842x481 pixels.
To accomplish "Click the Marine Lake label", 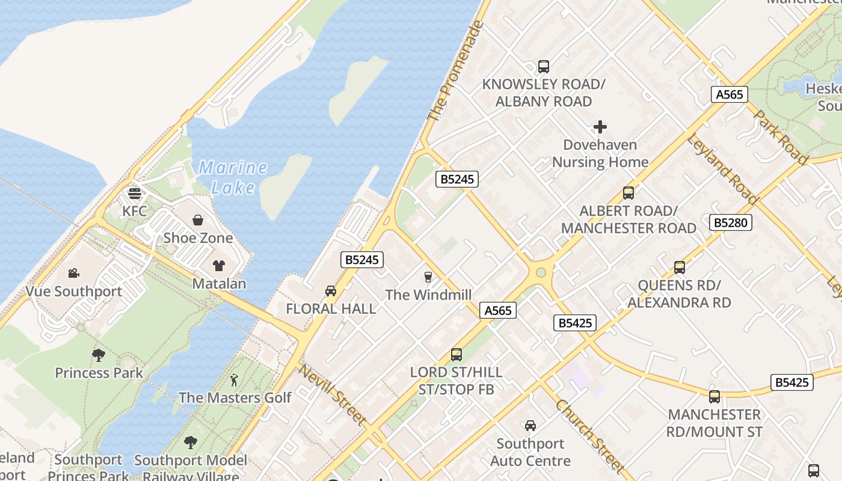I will pyautogui.click(x=233, y=177).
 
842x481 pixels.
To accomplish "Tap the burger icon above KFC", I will pyautogui.click(x=135, y=194).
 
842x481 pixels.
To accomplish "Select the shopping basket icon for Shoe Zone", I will pyautogui.click(x=198, y=221).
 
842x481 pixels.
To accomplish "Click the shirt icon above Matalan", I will pyautogui.click(x=219, y=266).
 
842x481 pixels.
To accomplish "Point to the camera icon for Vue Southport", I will pyautogui.click(x=73, y=274).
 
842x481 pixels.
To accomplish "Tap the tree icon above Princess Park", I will pyautogui.click(x=99, y=355).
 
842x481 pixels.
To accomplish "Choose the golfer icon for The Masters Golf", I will pyautogui.click(x=234, y=380).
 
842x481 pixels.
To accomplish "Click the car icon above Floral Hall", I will pyautogui.click(x=330, y=291).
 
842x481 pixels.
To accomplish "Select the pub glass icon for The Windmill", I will pyautogui.click(x=428, y=277).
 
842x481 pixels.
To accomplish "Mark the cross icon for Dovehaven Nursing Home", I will pyautogui.click(x=600, y=127).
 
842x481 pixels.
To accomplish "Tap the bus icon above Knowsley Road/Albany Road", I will pyautogui.click(x=544, y=66).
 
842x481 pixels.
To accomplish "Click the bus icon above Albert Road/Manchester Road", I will pyautogui.click(x=628, y=193).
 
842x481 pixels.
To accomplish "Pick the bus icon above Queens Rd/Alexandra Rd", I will pyautogui.click(x=680, y=268).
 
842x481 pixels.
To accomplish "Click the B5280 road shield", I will pyautogui.click(x=731, y=222).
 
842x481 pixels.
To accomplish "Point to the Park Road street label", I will pyautogui.click(x=780, y=137).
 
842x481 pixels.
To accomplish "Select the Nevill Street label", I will pyautogui.click(x=333, y=395).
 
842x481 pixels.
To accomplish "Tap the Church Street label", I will pyautogui.click(x=590, y=437).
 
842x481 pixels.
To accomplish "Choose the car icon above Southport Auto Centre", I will pyautogui.click(x=530, y=426).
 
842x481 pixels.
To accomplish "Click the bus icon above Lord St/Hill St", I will pyautogui.click(x=456, y=355).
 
